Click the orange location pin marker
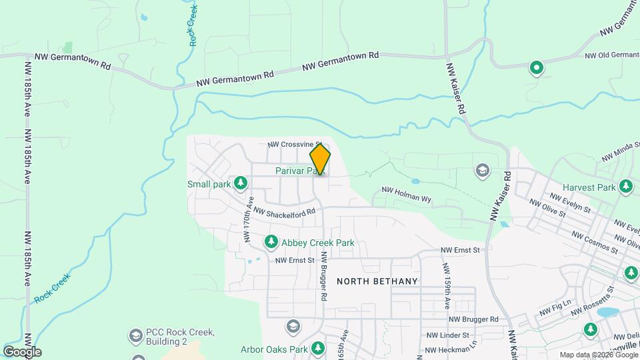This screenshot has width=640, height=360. point(320,159)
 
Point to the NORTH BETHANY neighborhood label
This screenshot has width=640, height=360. point(377,281)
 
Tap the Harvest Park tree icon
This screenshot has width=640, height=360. point(625,187)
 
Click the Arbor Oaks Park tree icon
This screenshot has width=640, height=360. point(318,349)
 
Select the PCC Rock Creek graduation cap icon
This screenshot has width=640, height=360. point(136,334)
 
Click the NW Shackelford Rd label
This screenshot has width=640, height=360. point(284,213)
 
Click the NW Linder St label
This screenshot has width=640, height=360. point(447,335)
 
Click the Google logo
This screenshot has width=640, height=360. point(22,351)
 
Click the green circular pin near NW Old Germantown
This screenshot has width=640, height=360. point(536,67)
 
